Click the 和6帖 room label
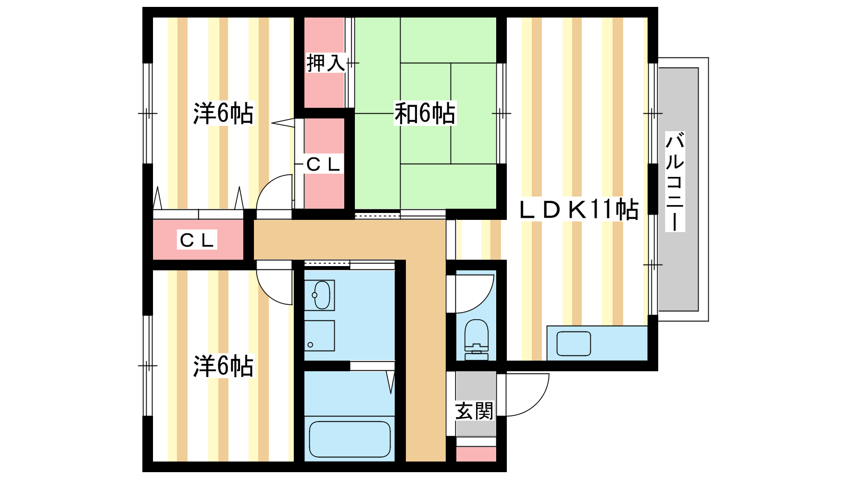(425, 113)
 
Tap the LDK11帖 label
(579, 210)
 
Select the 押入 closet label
(326, 63)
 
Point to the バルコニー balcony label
(675, 181)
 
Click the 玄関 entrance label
(474, 411)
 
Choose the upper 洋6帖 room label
(223, 113)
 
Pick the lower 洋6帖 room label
(223, 366)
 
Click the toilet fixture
(477, 340)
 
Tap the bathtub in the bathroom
(350, 440)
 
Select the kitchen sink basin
(574, 344)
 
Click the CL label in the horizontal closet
(197, 240)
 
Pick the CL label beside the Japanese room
(323, 164)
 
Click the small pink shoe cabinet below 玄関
(476, 454)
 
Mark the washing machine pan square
(319, 336)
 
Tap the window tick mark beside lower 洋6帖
(148, 366)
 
